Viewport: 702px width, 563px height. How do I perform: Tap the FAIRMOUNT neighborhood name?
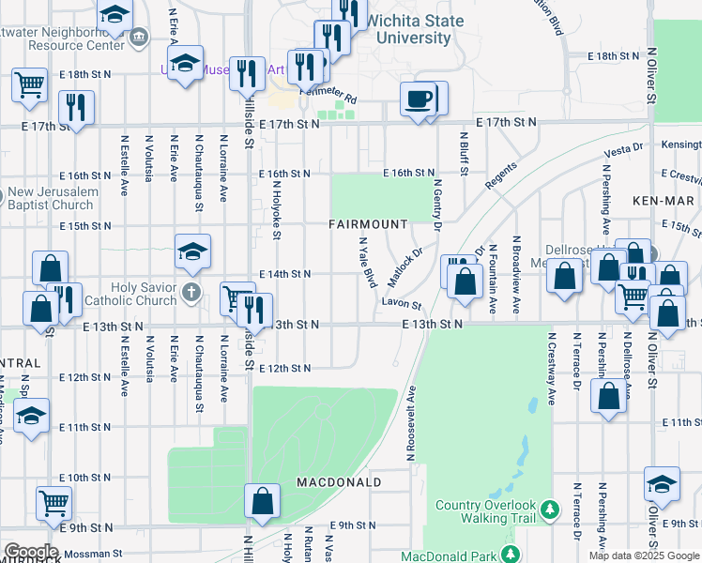(x=368, y=224)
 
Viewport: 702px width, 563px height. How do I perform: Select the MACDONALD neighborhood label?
(x=339, y=482)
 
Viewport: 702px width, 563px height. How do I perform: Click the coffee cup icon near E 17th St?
(x=418, y=98)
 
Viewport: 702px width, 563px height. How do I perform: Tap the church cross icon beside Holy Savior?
(x=191, y=291)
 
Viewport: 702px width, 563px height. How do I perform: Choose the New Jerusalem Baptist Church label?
(x=53, y=199)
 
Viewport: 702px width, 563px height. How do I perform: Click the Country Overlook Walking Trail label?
(x=485, y=511)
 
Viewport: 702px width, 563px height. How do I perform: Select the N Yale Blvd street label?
(x=367, y=262)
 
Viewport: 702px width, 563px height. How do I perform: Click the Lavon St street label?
(x=401, y=305)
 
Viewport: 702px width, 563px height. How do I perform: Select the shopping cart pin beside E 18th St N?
(x=30, y=84)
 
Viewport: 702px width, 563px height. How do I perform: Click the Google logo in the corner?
(x=31, y=551)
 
